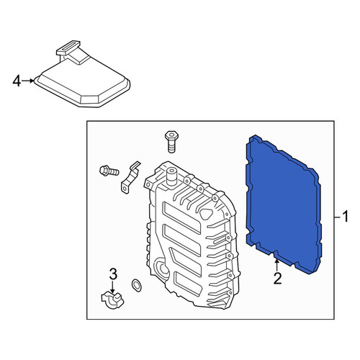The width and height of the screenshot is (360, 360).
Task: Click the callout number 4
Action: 17,81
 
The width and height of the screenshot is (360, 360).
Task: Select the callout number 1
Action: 345,217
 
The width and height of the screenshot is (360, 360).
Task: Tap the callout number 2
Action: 277,279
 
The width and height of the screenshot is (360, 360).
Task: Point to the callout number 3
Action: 113,274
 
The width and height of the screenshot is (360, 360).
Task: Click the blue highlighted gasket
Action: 284,204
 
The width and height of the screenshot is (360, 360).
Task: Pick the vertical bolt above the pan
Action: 171,142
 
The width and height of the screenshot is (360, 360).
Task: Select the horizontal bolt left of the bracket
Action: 109,171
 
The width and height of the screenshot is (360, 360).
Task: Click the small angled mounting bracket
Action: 130,177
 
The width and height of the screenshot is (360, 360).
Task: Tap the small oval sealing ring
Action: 136,285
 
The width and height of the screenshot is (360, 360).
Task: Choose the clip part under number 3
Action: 112,300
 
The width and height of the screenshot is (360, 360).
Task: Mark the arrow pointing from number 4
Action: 28,81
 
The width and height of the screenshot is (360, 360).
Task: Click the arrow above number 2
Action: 277,266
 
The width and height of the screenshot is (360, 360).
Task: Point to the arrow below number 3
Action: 112,287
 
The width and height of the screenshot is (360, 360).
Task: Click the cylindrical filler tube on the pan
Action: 171,177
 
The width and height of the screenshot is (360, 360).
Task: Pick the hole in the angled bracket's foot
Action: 125,189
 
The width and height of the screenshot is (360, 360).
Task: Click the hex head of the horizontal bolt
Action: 104,171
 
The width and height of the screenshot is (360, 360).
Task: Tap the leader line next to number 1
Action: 338,217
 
